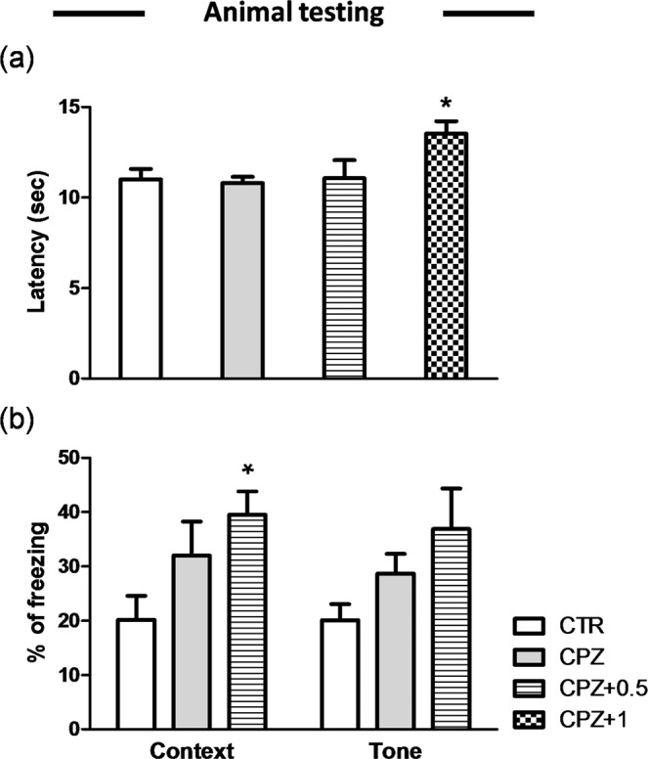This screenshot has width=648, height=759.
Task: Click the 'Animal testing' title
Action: [293, 15]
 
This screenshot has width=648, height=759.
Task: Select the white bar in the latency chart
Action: [140, 279]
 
